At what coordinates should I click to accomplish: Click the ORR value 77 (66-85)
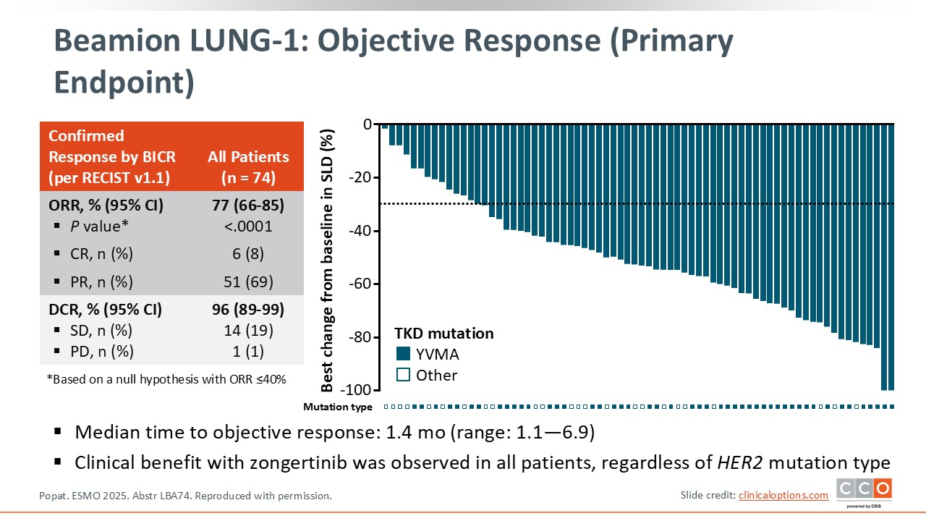click(x=248, y=206)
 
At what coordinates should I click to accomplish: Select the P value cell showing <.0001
click(x=248, y=226)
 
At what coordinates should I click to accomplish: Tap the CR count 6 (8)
click(x=248, y=254)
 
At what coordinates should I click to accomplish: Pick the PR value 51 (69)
click(x=248, y=281)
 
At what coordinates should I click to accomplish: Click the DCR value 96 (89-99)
click(x=248, y=310)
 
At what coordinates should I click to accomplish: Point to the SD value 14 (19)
click(x=248, y=331)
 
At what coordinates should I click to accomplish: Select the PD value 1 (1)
click(x=248, y=352)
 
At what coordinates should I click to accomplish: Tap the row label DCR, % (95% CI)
click(x=106, y=310)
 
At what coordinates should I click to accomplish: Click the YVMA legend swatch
click(x=403, y=355)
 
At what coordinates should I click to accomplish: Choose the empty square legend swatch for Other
click(x=403, y=375)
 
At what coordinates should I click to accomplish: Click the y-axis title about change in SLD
click(x=328, y=257)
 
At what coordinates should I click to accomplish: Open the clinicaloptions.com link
click(x=783, y=495)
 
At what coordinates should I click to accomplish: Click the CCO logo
click(x=864, y=490)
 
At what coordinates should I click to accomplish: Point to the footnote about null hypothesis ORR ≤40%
click(x=166, y=378)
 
